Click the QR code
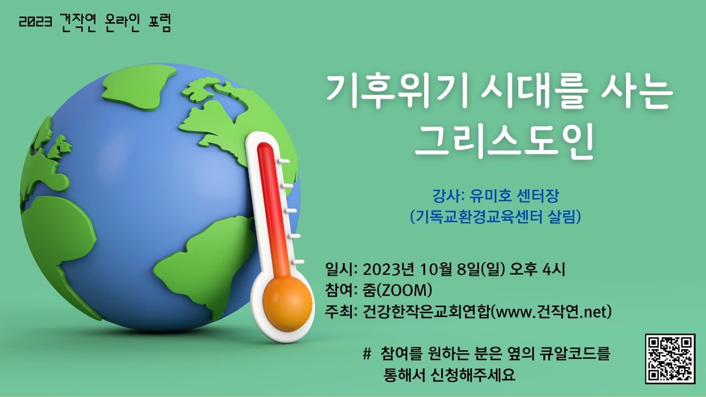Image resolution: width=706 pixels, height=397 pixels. pyautogui.click(x=670, y=359)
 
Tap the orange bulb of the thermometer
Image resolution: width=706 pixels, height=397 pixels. pyautogui.click(x=287, y=305)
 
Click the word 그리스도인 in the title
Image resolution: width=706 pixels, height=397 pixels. pyautogui.click(x=504, y=142)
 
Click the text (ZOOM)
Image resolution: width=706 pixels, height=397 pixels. pyautogui.click(x=404, y=290)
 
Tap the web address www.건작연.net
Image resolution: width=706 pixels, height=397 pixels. pyautogui.click(x=552, y=312)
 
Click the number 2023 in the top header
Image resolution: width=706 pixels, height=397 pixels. pyautogui.click(x=35, y=23)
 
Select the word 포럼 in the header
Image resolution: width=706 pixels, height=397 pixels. pyautogui.click(x=159, y=23)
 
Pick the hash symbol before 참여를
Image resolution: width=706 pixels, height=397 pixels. pyautogui.click(x=367, y=353)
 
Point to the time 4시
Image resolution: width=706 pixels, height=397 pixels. pyautogui.click(x=554, y=270)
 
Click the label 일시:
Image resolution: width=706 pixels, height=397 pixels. pyautogui.click(x=341, y=270)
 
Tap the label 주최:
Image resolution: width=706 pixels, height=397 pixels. pyautogui.click(x=341, y=312)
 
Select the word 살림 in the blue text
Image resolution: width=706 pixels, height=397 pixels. pyautogui.click(x=562, y=217)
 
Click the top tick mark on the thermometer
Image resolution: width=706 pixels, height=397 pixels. pyautogui.click(x=283, y=161)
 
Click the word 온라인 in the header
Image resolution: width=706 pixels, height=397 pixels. pyautogui.click(x=121, y=23)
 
